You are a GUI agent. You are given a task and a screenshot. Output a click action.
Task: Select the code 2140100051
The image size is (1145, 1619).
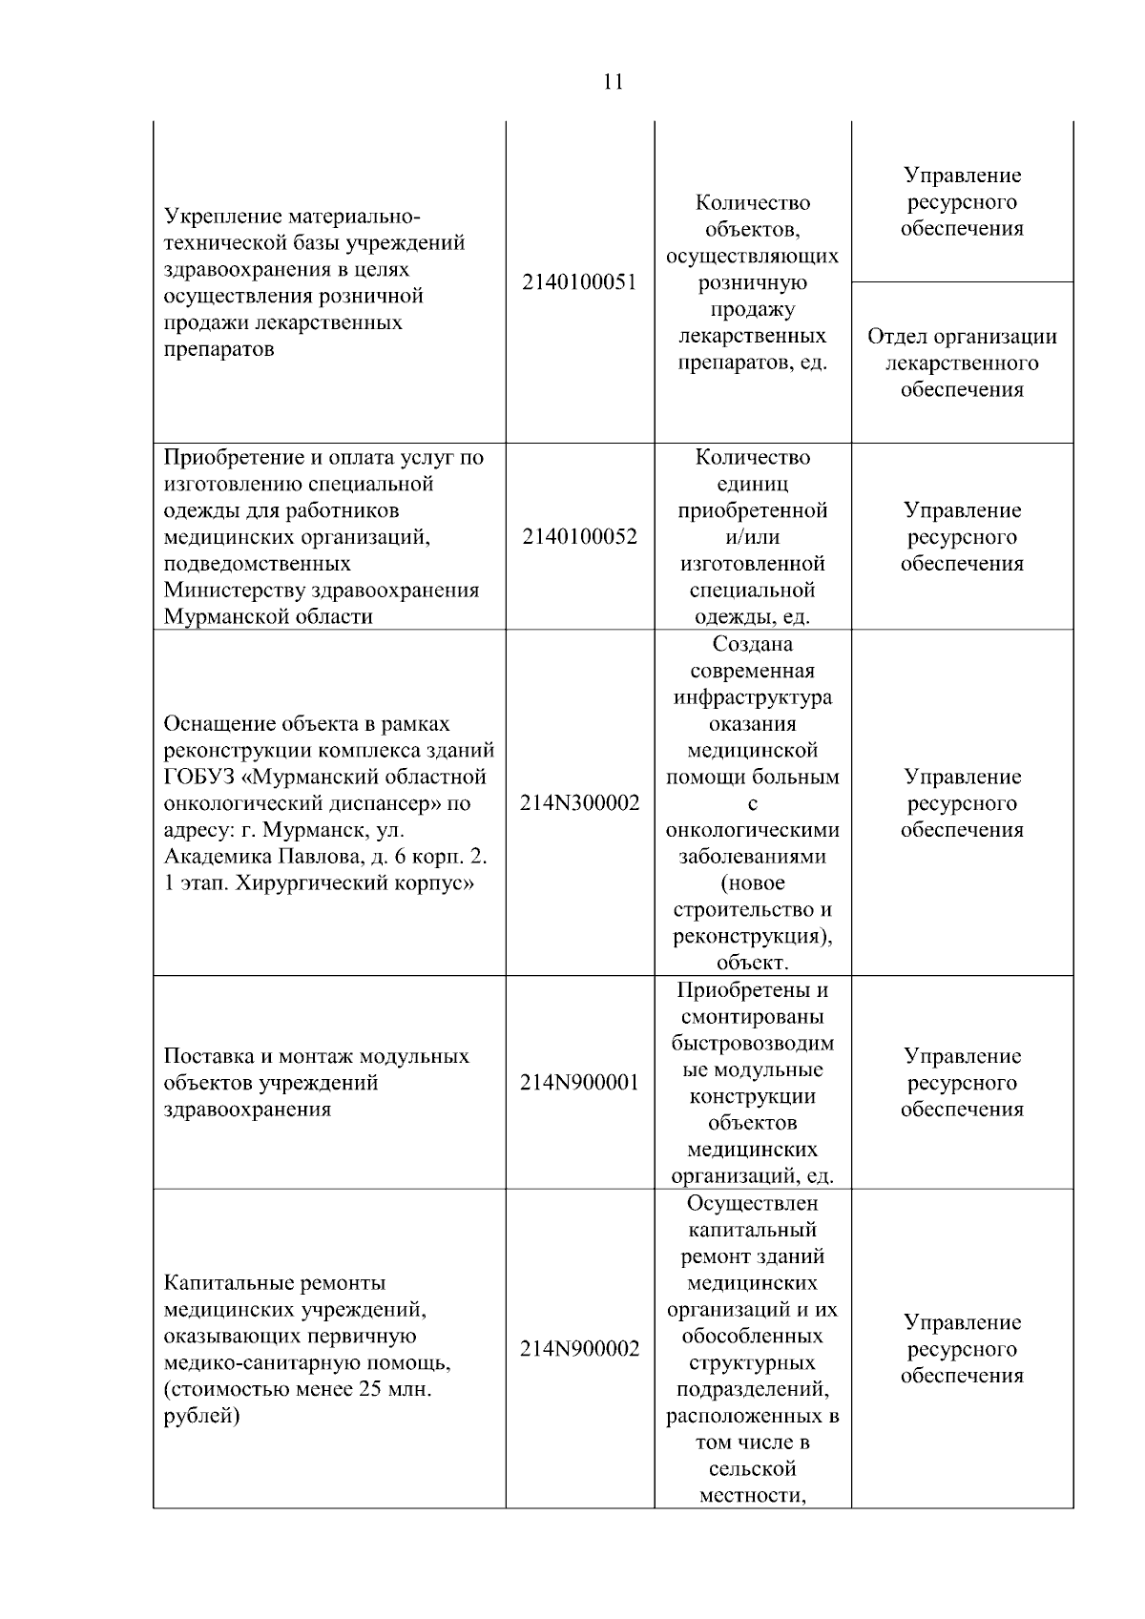[579, 283]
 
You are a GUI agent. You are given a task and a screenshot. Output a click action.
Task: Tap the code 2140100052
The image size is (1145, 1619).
[579, 537]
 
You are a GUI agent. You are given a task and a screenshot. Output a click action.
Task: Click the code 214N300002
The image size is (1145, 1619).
[579, 803]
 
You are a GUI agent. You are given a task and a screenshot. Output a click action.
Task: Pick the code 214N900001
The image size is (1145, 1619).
[579, 1083]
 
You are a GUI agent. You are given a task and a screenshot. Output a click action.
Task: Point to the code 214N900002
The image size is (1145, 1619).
[579, 1349]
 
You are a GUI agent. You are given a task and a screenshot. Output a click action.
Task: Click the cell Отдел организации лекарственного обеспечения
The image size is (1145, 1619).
[962, 363]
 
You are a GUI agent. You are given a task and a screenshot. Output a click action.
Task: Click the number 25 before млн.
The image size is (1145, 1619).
[370, 1389]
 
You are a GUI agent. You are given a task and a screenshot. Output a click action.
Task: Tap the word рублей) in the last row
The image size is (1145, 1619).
[201, 1416]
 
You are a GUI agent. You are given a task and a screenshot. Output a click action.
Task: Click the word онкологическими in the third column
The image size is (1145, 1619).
[752, 830]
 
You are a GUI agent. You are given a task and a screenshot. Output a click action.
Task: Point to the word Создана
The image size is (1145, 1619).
[752, 644]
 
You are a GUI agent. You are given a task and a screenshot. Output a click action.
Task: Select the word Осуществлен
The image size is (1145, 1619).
[752, 1203]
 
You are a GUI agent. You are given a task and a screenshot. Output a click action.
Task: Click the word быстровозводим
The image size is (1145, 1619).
[752, 1043]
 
